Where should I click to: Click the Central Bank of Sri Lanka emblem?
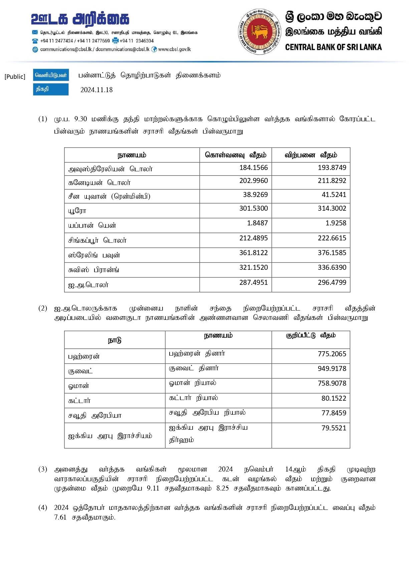click(x=260, y=32)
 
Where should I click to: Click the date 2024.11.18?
click(x=96, y=90)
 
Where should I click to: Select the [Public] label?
click(x=15, y=77)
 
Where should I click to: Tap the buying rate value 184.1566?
click(x=253, y=168)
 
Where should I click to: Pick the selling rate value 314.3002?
click(x=332, y=208)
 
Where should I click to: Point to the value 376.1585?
click(x=332, y=253)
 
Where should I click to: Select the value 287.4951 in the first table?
click(x=253, y=282)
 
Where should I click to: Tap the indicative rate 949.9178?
click(x=332, y=369)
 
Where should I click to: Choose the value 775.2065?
click(x=332, y=354)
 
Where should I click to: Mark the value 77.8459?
click(x=334, y=413)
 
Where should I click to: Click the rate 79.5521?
click(x=334, y=428)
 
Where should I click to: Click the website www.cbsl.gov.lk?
click(x=174, y=49)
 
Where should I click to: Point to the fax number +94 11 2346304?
click(x=137, y=41)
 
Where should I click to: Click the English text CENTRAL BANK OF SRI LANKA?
click(x=333, y=47)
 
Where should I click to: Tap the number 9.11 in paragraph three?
click(x=153, y=489)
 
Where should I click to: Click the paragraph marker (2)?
click(x=43, y=308)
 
